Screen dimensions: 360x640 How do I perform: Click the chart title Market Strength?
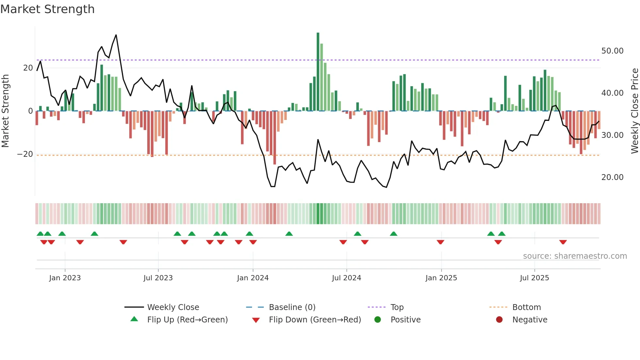pos(47,9)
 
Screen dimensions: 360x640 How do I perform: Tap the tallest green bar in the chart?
pos(318,72)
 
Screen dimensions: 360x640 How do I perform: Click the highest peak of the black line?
pos(116,35)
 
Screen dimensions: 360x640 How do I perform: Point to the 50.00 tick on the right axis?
pos(612,51)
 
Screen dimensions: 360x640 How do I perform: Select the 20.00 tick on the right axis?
pos(612,177)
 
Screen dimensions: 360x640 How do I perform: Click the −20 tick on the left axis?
pos(25,154)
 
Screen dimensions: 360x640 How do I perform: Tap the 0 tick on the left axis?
pos(30,111)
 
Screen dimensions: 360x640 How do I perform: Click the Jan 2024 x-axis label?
pos(253,278)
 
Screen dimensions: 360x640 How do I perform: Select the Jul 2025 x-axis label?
pos(534,278)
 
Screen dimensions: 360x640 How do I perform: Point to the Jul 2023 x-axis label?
pos(158,278)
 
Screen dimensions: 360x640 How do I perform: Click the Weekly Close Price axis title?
pos(634,111)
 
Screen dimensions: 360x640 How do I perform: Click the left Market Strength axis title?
pos(5,111)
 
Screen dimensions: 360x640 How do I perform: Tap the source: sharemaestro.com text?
pos(575,256)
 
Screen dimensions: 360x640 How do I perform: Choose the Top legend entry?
pos(397,307)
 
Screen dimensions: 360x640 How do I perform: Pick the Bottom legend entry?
pos(526,307)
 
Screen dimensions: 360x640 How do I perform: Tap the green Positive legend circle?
pos(378,320)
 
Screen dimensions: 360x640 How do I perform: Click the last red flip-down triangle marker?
pos(563,242)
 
